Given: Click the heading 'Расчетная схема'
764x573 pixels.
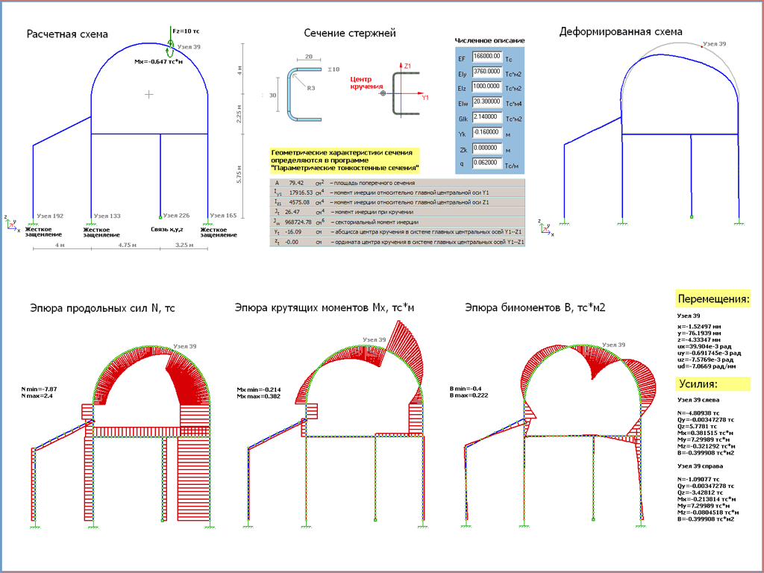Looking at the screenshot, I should pos(67,34).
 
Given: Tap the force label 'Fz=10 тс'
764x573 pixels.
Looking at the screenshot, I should pos(185,31).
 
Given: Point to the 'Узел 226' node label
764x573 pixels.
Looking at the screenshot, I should pos(175,216).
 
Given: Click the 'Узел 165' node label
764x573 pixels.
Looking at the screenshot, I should pos(222,216).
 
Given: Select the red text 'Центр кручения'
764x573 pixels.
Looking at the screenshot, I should pos(364,83).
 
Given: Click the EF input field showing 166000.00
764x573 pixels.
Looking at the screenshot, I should pos(486,56).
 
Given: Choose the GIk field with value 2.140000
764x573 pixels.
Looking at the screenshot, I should pos(486,118).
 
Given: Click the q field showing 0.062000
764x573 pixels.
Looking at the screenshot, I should pos(486,162).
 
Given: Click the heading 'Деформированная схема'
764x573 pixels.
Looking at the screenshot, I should pos(621,32).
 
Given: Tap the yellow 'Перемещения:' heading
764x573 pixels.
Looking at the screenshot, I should pos(713,299).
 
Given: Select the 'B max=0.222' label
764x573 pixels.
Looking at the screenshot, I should pos(467,396).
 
